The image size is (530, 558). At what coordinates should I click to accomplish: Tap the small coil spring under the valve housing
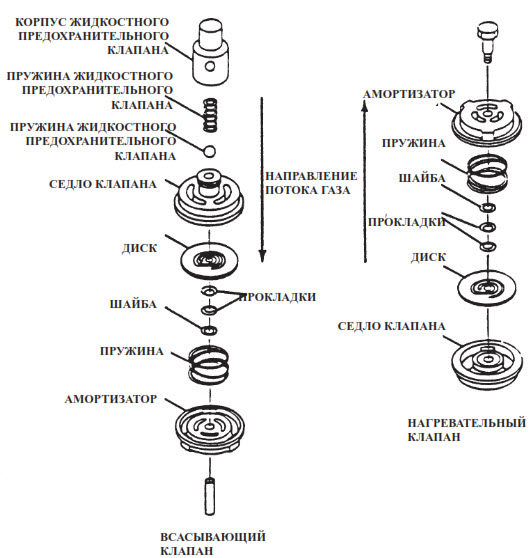click(210, 115)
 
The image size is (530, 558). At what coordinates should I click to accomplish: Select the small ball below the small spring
click(210, 151)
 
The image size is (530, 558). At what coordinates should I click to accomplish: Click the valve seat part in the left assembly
click(209, 199)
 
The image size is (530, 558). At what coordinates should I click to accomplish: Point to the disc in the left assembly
click(209, 260)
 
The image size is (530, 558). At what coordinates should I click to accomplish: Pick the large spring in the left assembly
click(209, 364)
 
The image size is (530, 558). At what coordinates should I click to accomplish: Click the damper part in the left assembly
click(210, 428)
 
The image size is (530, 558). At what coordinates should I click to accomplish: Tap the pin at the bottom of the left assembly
click(210, 496)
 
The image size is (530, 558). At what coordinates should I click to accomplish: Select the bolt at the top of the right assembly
click(487, 43)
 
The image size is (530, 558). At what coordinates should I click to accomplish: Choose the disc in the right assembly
click(487, 288)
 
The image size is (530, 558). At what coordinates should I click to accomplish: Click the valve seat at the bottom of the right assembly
click(487, 364)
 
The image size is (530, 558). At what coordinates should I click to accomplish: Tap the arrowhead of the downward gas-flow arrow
click(262, 257)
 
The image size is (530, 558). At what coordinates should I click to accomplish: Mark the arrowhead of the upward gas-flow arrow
click(364, 106)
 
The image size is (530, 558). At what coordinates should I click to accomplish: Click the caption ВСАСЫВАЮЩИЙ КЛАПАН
click(212, 543)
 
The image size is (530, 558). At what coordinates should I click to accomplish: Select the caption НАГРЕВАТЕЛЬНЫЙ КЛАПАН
click(466, 430)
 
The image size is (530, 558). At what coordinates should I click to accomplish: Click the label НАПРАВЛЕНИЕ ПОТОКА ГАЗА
click(311, 183)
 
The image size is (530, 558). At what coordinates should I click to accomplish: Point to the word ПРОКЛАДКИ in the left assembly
click(278, 297)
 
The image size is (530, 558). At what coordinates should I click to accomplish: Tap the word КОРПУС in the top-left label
click(40, 22)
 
